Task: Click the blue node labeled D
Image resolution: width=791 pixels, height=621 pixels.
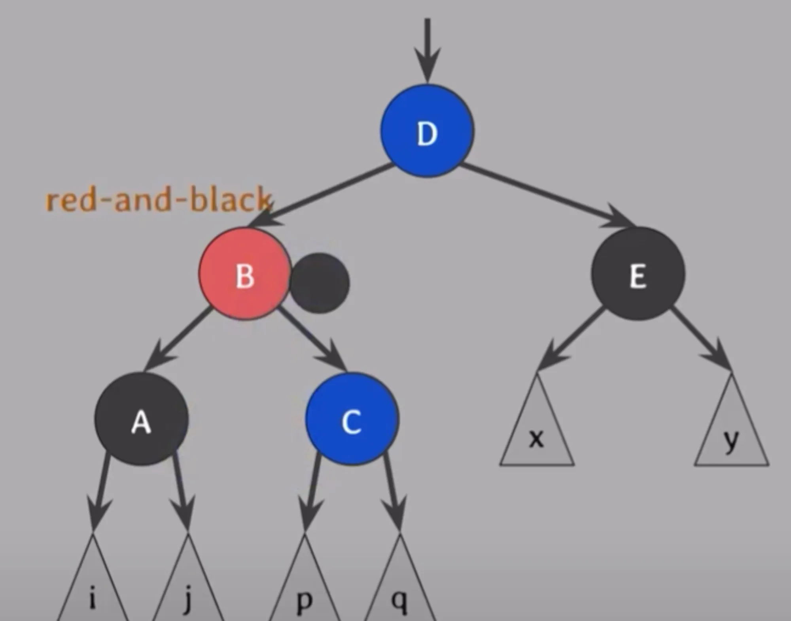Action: (427, 131)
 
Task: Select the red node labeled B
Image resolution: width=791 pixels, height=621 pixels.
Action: (245, 273)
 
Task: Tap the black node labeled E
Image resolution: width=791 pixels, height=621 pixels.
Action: (638, 273)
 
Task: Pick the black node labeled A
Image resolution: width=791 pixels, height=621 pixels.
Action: (141, 418)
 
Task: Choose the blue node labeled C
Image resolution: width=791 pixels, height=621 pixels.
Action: (352, 418)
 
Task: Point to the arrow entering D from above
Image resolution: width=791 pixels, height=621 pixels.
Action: (427, 51)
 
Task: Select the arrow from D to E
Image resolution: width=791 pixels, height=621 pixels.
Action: (548, 195)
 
